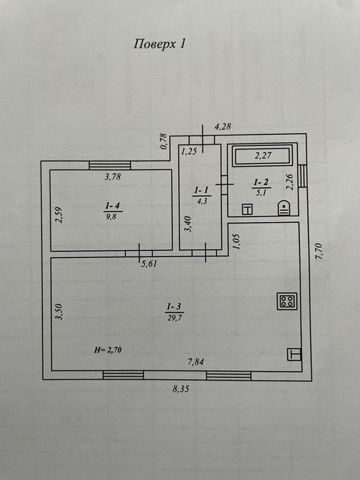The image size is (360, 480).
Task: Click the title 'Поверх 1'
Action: click(x=160, y=44)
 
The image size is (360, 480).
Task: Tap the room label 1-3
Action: click(x=174, y=306)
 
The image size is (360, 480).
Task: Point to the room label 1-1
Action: click(x=202, y=191)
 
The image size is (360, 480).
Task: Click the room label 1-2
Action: click(x=261, y=182)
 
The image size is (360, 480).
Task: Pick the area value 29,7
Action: click(x=175, y=317)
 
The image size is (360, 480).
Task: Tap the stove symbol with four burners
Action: click(x=287, y=301)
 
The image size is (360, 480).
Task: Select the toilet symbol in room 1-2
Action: click(x=284, y=208)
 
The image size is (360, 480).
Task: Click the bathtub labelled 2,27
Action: click(x=263, y=156)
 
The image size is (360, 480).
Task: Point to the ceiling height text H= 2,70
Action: click(x=108, y=350)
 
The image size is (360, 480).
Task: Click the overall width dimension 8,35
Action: click(x=181, y=389)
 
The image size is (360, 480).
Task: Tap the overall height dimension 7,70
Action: click(x=319, y=251)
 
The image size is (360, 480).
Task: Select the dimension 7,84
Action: click(x=196, y=362)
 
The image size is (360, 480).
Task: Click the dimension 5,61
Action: click(x=149, y=263)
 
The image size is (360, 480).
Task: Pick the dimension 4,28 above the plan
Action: click(x=223, y=126)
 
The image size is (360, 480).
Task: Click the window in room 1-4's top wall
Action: click(x=110, y=165)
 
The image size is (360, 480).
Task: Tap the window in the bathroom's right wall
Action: click(x=302, y=176)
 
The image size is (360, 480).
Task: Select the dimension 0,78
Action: click(x=164, y=141)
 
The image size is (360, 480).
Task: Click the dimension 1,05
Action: click(x=237, y=241)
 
